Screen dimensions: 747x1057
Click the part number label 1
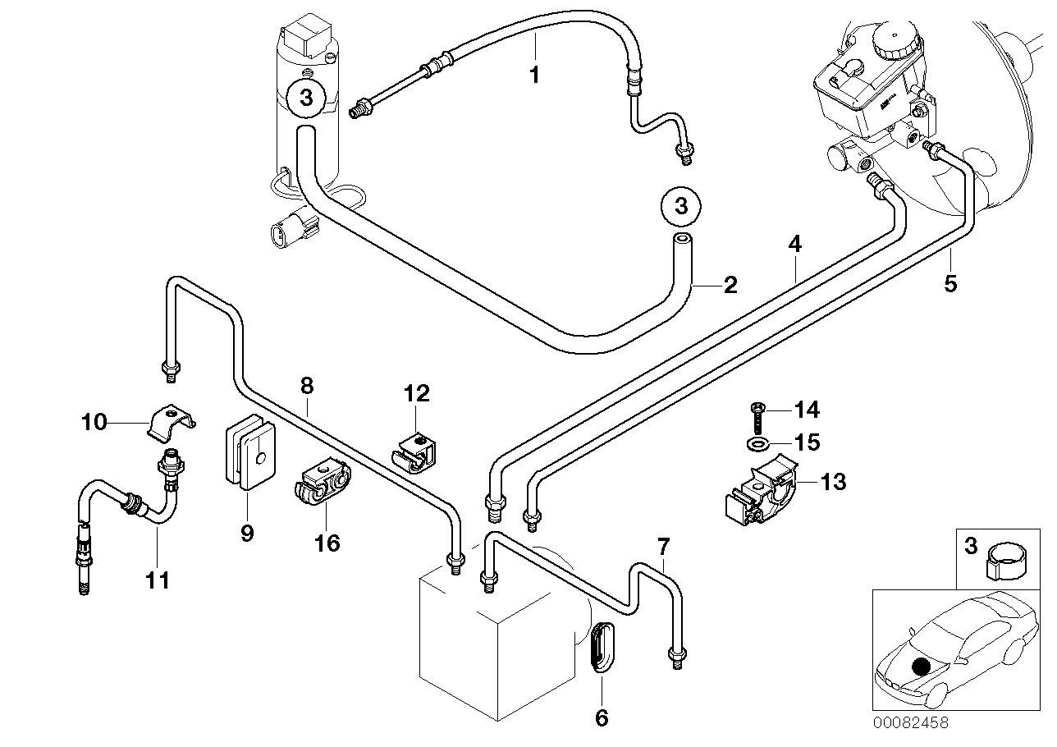tap(534, 76)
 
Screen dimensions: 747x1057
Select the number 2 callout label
tap(730, 285)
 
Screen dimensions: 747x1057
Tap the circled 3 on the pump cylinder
tap(306, 99)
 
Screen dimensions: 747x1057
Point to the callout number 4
tap(794, 244)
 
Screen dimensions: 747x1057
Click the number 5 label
tap(949, 284)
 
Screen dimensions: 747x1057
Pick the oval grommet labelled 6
tap(602, 648)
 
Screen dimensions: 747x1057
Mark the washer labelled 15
tap(758, 444)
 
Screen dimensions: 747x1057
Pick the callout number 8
tap(306, 385)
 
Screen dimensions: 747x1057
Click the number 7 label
tap(663, 546)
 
